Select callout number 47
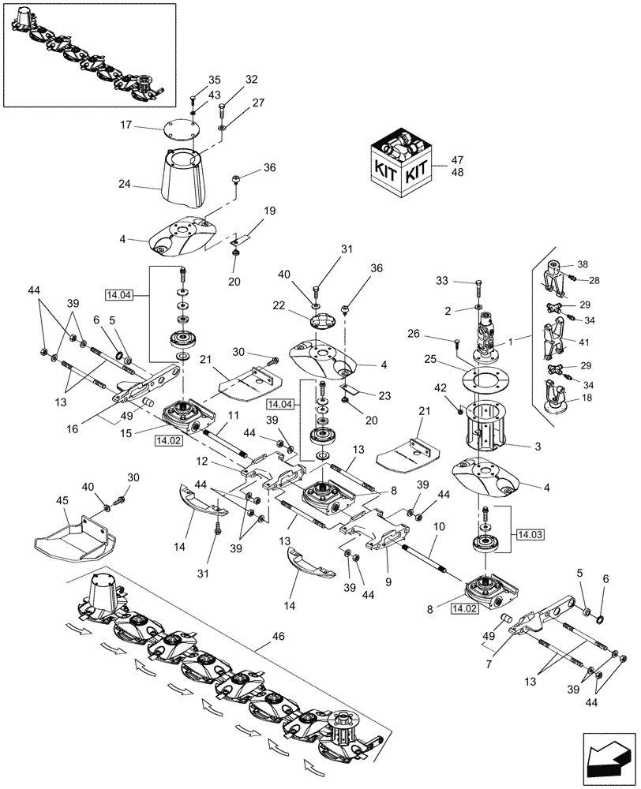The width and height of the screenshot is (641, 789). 457,159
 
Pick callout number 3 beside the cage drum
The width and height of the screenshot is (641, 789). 538,447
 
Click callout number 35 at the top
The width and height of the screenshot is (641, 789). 214,80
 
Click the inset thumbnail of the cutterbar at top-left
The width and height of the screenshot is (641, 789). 89,54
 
